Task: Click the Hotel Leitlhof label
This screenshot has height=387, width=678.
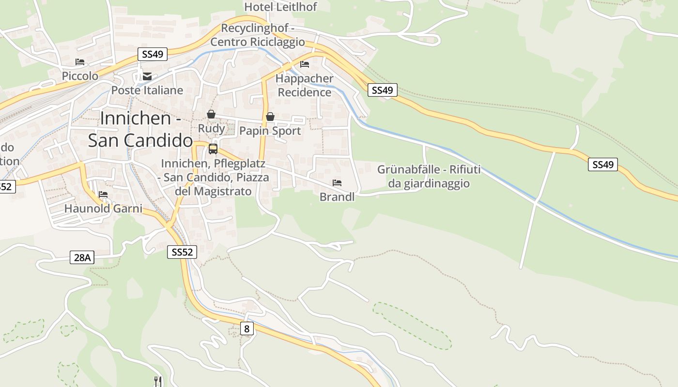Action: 280,7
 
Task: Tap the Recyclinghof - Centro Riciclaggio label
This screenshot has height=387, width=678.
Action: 257,35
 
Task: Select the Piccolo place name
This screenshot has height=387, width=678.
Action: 80,76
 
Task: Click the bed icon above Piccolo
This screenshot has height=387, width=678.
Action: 80,62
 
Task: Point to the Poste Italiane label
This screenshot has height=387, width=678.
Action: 147,90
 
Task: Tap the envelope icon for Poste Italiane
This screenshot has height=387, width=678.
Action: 147,76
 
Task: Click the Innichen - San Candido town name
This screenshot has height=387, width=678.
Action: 140,129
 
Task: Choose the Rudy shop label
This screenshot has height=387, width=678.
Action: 211,128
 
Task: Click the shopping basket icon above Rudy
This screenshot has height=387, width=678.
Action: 211,114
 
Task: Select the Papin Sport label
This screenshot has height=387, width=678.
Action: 270,131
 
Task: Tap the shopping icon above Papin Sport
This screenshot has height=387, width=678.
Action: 270,117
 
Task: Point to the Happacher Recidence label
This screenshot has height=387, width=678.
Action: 305,85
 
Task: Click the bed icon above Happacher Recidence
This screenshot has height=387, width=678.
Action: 305,64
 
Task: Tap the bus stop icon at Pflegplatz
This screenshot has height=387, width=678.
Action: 213,149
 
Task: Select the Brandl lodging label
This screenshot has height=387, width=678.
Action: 337,197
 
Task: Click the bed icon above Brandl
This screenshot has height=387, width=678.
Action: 337,183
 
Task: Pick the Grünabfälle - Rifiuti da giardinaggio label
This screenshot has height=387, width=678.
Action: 429,177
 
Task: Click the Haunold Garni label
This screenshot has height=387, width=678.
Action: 103,208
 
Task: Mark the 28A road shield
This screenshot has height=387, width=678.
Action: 81,257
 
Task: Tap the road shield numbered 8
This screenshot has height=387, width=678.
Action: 247,329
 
